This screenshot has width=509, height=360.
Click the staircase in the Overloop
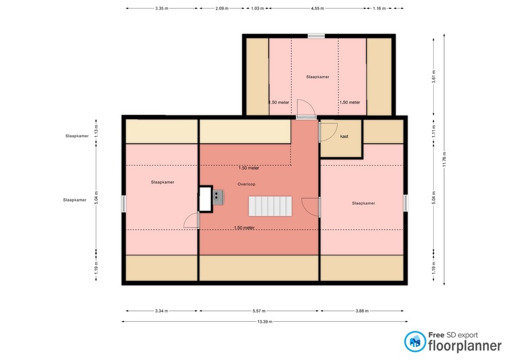point(271,206)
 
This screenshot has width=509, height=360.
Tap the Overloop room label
point(246,184)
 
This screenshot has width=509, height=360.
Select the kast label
point(344,137)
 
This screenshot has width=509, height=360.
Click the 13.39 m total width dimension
point(265,321)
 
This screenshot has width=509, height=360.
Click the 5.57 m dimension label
point(259,311)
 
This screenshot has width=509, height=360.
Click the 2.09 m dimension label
point(222,8)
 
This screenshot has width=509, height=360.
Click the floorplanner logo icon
point(415,341)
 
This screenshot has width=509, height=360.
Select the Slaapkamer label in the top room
point(317,77)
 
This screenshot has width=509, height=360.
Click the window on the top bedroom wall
point(316,36)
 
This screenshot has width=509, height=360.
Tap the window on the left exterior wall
point(124,204)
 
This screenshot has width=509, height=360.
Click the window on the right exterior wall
point(405,203)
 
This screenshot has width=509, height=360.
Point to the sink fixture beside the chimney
point(218,197)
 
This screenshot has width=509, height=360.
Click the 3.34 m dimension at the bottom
point(162,311)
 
